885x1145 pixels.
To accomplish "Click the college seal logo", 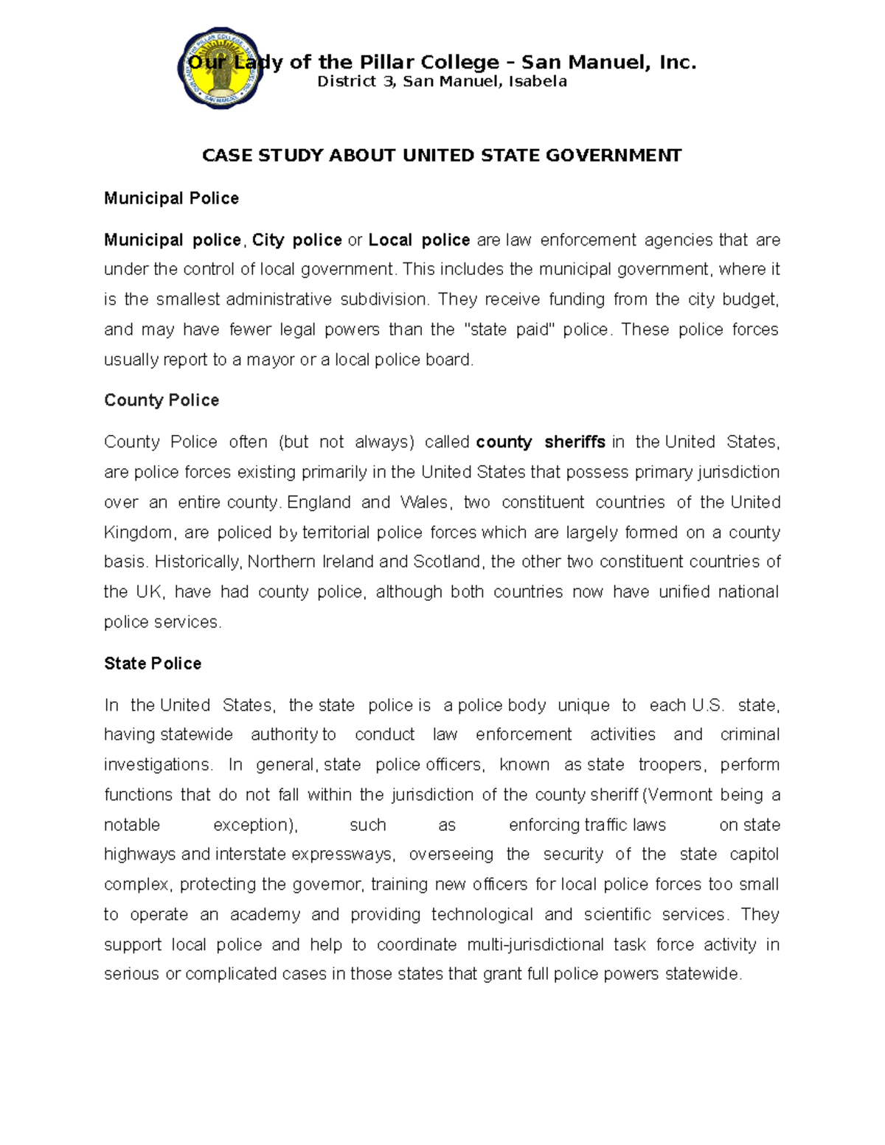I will coord(221,69).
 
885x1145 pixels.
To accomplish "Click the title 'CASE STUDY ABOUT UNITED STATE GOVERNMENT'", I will coord(442,156).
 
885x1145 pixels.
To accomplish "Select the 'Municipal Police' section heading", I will coord(171,198).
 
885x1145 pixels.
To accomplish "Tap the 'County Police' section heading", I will coord(162,400).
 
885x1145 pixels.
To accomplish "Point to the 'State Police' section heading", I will coord(153,664).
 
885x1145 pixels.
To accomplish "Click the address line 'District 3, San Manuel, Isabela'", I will coord(442,82).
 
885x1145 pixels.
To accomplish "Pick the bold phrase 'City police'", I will coord(297,240).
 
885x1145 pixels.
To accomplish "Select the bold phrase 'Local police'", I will coord(419,240).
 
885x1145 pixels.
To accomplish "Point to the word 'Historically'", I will coord(198,562).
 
